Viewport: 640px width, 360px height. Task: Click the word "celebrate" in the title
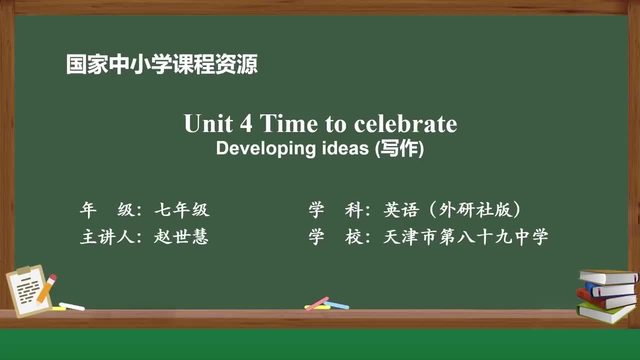pos(405,123)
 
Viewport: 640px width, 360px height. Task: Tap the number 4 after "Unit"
pos(246,123)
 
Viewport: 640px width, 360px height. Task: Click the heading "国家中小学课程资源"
pos(162,65)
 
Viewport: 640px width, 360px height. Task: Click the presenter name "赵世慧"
pos(181,236)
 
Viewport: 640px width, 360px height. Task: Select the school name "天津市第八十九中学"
pos(465,236)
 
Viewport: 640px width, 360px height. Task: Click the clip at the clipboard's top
pos(23,270)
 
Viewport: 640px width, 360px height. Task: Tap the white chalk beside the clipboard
pos(71,306)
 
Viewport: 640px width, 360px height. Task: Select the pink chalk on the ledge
pos(316,303)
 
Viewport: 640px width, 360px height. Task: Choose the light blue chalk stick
pos(336,304)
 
